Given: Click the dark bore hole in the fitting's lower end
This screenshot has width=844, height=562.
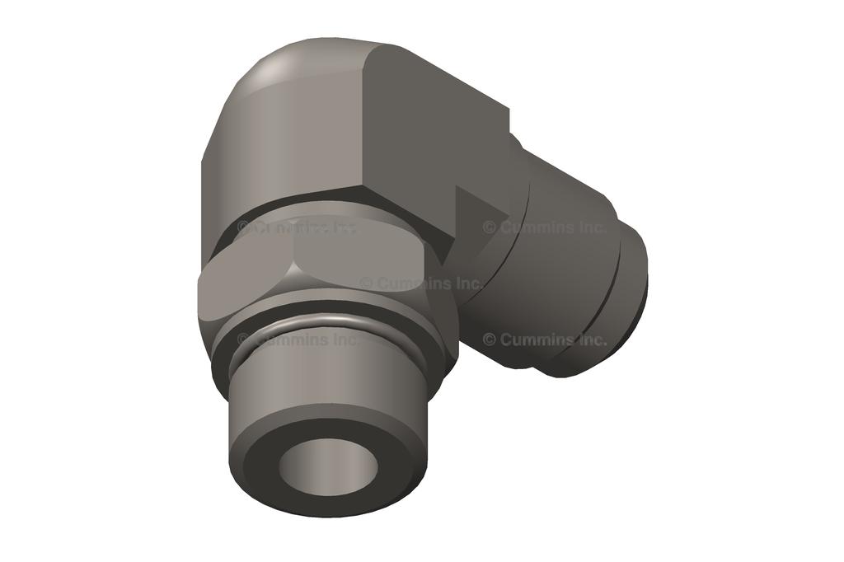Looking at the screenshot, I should [x=326, y=466].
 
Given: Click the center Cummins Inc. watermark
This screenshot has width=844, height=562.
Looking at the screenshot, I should [x=420, y=283].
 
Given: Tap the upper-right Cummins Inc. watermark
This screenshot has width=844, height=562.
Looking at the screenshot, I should [x=545, y=227].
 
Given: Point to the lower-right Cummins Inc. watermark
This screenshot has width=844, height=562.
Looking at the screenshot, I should [x=545, y=339].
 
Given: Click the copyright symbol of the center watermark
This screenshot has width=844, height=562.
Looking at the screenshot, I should [x=366, y=283].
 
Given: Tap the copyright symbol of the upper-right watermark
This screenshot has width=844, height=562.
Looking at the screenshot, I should [x=490, y=227].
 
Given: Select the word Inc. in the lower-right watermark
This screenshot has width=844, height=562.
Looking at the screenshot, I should [x=590, y=339].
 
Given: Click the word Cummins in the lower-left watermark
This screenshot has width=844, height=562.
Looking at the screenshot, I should [x=292, y=339].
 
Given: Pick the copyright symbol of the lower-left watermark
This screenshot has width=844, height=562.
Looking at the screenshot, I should [x=244, y=339].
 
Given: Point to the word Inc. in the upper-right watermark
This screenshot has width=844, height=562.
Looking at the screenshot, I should [x=590, y=227].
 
